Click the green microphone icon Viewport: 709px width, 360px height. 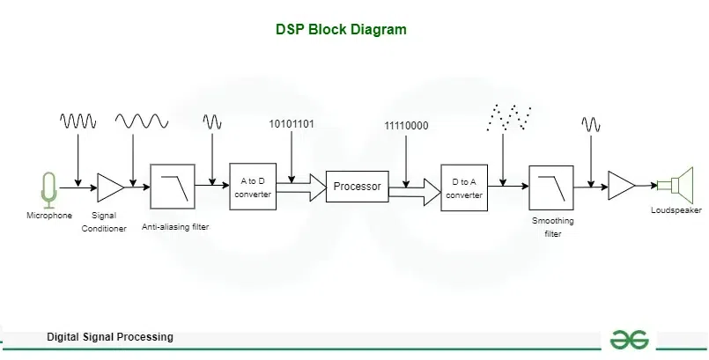pos(48,188)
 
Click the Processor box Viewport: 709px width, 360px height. pos(357,187)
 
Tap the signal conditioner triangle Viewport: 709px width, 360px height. pos(110,187)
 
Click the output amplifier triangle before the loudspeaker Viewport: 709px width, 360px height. pos(621,186)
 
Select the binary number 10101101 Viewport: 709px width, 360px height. pos(292,124)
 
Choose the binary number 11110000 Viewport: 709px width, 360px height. pos(406,126)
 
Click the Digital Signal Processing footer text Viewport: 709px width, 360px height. pos(110,337)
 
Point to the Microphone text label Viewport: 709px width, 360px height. pos(49,215)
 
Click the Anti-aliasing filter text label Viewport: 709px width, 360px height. pos(175,227)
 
